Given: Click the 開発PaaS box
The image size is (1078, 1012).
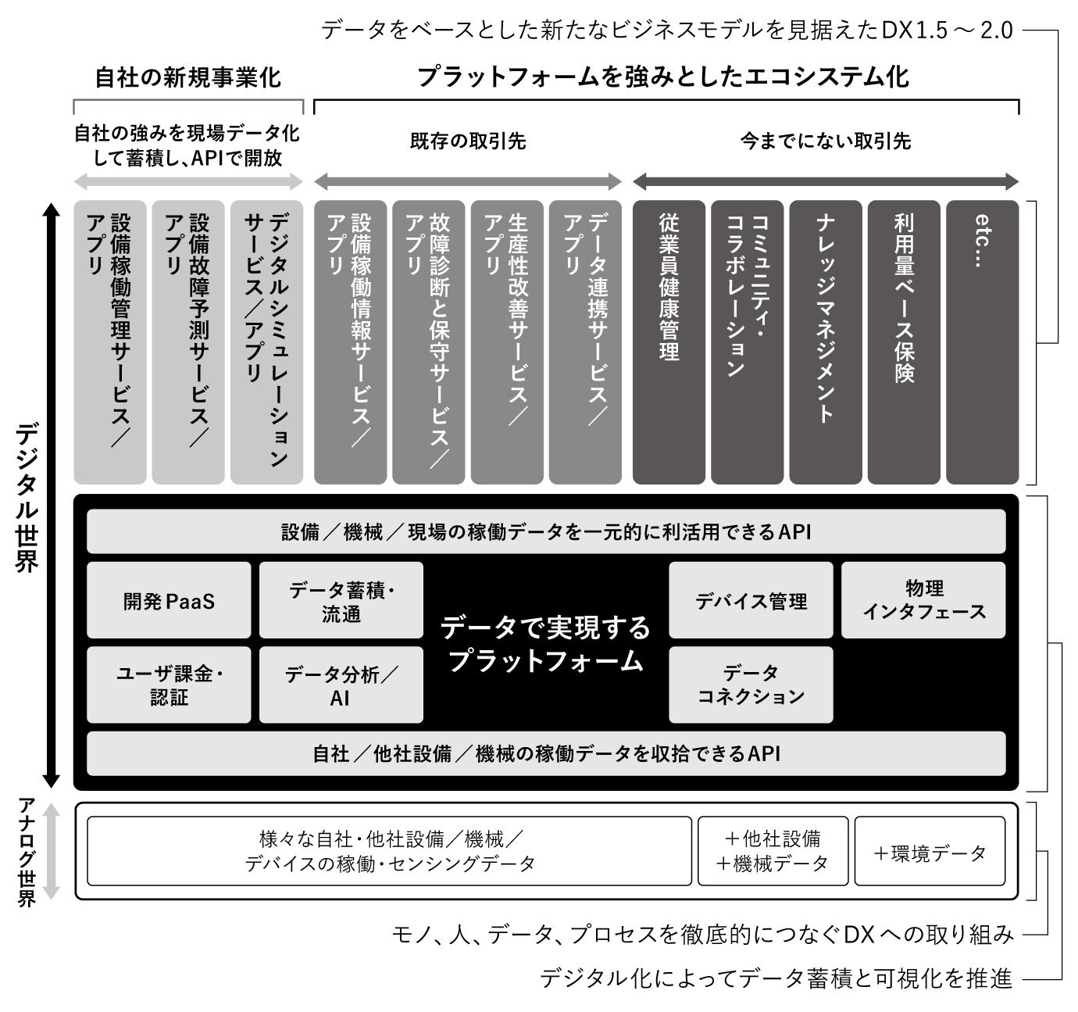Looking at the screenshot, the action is [169, 600].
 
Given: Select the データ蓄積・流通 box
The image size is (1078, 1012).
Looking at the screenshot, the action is [341, 600].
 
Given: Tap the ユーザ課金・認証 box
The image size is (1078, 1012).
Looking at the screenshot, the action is [169, 685].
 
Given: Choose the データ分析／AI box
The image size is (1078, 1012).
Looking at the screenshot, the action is [341, 685].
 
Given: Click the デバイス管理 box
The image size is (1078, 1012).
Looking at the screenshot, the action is [751, 600].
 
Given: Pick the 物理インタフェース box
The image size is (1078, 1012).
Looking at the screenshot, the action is [923, 600].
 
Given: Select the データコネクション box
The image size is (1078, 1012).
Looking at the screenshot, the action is [751, 685].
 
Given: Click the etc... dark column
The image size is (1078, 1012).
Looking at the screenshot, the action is [982, 342].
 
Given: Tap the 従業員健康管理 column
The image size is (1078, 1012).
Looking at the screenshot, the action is [669, 342].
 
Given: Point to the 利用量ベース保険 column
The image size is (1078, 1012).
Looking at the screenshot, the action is [904, 342].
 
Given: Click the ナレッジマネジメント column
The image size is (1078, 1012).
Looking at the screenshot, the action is [826, 342].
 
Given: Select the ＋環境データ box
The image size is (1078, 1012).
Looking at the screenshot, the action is [930, 851].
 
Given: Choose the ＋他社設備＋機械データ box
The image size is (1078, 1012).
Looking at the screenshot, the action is [773, 851].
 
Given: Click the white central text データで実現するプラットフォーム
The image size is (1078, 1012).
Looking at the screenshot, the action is [545, 644].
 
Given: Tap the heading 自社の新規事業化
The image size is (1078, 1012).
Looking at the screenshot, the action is [187, 77].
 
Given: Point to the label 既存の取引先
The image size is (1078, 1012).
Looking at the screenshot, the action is [468, 141].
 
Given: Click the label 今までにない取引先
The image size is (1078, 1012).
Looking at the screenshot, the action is [826, 141].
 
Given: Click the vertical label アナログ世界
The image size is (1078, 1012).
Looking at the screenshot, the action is [27, 851].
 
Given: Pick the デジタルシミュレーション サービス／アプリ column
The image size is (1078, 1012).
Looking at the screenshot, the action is [266, 342].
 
